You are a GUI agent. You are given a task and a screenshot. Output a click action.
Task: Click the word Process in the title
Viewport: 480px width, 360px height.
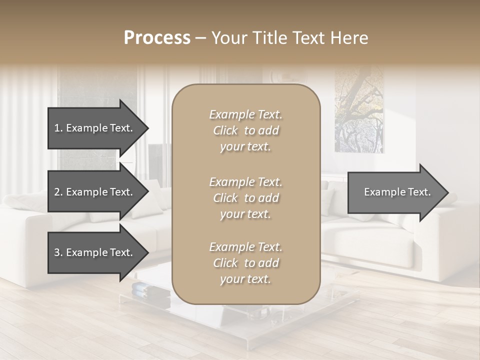pyautogui.click(x=157, y=38)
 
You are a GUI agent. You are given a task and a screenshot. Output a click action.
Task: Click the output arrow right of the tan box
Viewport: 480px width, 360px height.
pyautogui.click(x=395, y=192)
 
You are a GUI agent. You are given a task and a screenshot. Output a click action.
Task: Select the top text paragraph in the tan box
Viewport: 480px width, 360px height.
pyautogui.click(x=245, y=130)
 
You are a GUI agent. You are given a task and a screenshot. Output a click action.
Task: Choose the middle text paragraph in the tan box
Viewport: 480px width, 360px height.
pyautogui.click(x=245, y=198)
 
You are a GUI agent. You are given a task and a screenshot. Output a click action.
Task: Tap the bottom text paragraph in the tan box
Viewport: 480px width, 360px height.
pyautogui.click(x=245, y=263)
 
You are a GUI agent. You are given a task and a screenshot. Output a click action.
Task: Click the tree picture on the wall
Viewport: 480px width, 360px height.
pyautogui.click(x=359, y=110)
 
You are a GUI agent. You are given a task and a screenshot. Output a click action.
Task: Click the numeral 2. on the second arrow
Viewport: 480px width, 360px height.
pyautogui.click(x=58, y=192)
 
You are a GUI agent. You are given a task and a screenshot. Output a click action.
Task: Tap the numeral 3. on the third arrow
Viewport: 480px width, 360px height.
pyautogui.click(x=58, y=252)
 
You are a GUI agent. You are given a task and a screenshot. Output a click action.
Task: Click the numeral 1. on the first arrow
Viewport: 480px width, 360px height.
pyautogui.click(x=58, y=128)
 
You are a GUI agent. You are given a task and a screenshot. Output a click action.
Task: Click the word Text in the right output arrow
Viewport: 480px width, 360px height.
pyautogui.click(x=419, y=192)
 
